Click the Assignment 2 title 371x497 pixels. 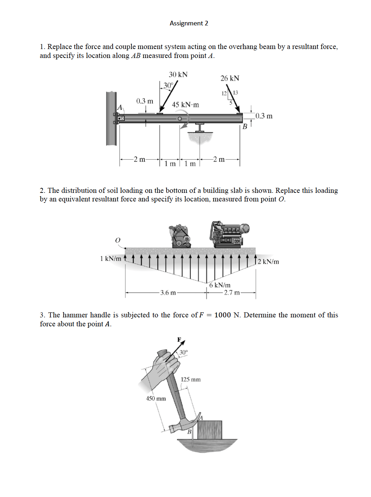click(189, 23)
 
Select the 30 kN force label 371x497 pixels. click(178, 74)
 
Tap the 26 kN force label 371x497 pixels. click(230, 78)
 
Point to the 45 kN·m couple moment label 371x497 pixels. click(185, 105)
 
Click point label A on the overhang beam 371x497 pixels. click(120, 107)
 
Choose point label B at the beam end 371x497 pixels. click(245, 126)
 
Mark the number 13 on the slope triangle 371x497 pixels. click(236, 93)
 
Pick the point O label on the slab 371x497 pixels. click(118, 240)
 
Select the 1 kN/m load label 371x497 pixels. click(110, 259)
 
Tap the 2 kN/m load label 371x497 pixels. click(268, 262)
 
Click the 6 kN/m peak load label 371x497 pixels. click(220, 285)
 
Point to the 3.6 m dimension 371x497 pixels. click(168, 293)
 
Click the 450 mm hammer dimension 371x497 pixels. click(156, 399)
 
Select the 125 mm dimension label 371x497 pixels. click(191, 379)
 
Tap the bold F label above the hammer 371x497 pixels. click(179, 339)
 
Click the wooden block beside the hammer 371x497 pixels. click(210, 430)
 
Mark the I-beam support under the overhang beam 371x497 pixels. click(200, 128)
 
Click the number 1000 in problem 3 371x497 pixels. click(222, 315)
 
